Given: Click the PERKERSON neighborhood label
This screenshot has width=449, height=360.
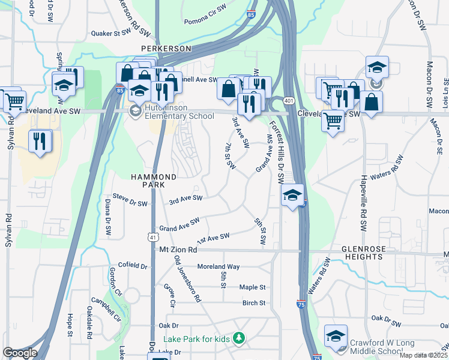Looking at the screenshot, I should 166,48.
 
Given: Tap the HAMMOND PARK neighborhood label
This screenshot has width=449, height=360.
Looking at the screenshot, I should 154,181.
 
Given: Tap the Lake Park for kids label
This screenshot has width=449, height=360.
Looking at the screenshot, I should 196,339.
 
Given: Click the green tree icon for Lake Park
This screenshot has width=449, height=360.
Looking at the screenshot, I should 240,339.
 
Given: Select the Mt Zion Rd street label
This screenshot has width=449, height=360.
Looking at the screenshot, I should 178,250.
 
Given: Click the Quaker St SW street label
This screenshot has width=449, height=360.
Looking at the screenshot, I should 110,34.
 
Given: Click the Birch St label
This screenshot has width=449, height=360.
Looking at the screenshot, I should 253,303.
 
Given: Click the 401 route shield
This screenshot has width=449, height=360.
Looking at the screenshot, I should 289,101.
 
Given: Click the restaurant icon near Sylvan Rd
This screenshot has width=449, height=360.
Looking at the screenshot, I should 40,142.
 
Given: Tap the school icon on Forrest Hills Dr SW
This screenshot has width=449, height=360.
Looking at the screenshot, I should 292,195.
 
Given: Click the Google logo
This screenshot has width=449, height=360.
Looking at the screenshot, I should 20,353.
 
